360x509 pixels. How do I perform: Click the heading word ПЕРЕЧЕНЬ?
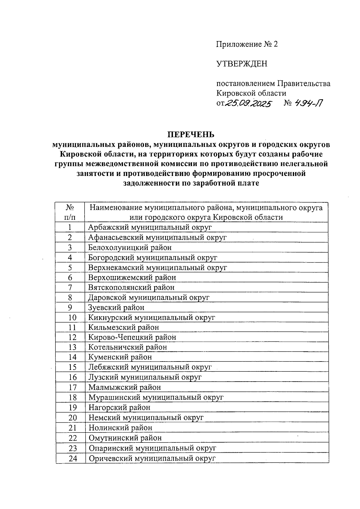191,134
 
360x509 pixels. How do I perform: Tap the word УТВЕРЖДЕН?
241,64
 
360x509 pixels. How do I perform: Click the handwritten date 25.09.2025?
248,104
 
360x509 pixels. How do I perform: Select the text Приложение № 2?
247,44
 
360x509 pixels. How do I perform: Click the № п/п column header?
70,212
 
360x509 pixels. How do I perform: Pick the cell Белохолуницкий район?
130,248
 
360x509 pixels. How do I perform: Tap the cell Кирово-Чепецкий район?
132,337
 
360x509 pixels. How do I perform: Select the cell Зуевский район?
116,308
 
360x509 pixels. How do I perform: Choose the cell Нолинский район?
120,428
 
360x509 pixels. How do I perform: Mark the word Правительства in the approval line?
304,84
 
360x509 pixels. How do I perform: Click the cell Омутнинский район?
125,438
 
